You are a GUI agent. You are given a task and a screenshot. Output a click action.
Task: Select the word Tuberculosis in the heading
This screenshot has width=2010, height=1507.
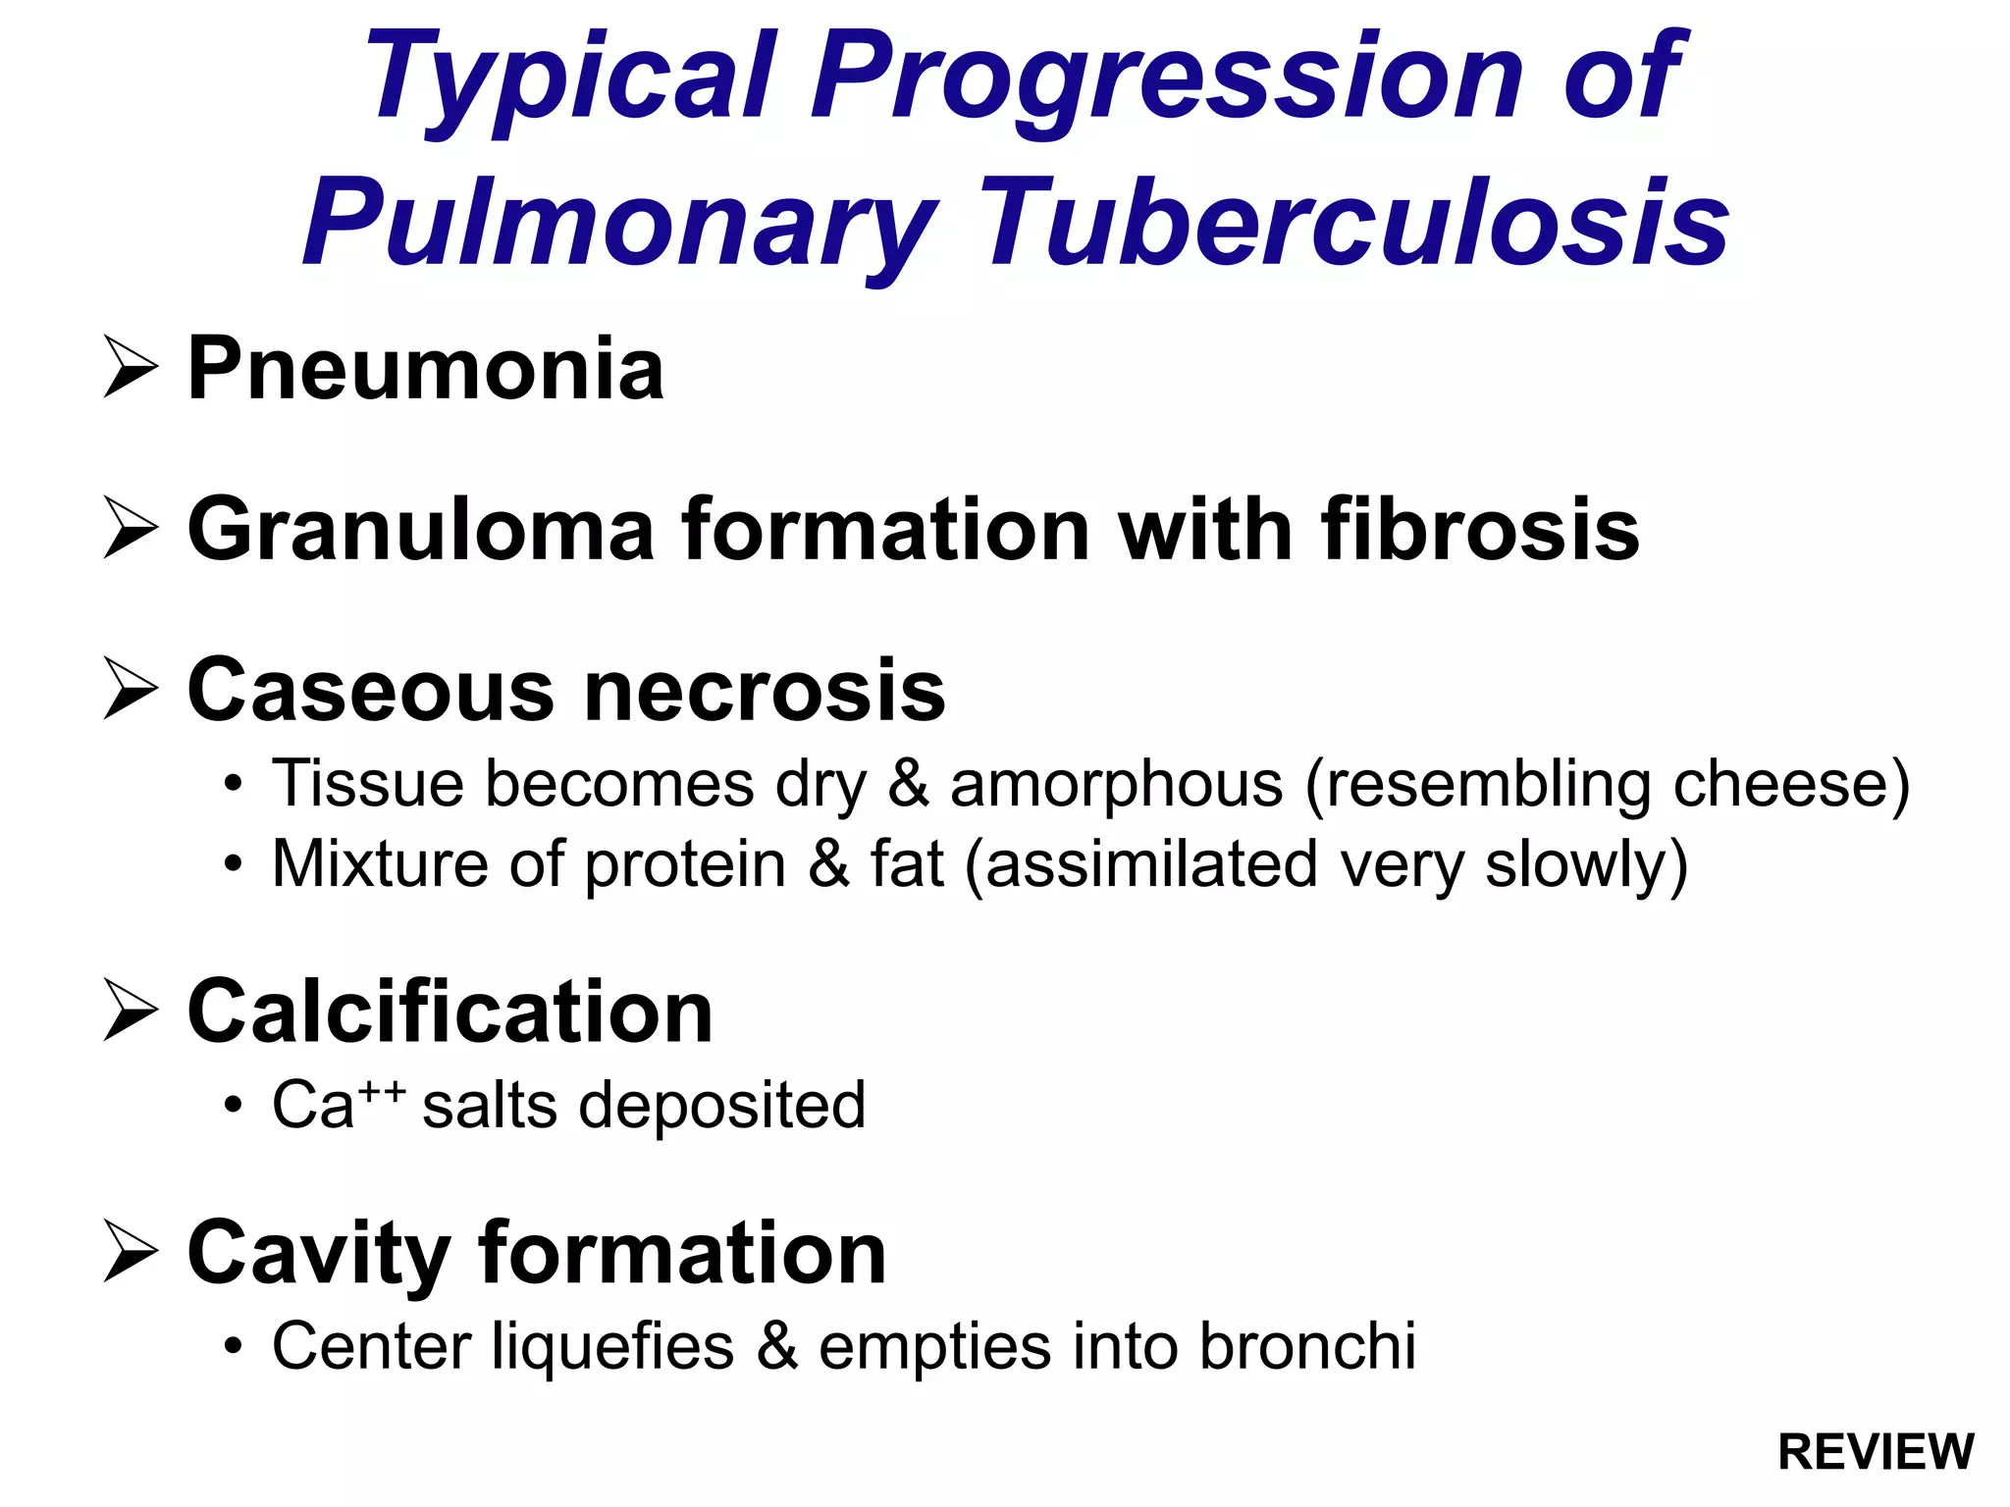(1355, 223)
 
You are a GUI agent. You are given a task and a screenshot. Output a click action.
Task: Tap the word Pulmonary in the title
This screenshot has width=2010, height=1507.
(619, 223)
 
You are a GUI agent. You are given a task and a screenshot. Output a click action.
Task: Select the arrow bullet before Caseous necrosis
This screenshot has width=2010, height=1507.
(131, 690)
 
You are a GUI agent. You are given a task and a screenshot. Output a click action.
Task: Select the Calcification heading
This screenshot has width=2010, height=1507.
(450, 1012)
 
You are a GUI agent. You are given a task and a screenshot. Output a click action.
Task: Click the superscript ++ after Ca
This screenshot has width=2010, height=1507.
(380, 1089)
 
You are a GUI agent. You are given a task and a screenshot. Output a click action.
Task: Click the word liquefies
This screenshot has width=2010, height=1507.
(612, 1346)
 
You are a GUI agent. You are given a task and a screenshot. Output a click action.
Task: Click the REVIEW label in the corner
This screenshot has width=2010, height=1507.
(1876, 1452)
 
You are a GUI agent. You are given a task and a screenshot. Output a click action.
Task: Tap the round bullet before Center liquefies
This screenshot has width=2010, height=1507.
(233, 1348)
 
